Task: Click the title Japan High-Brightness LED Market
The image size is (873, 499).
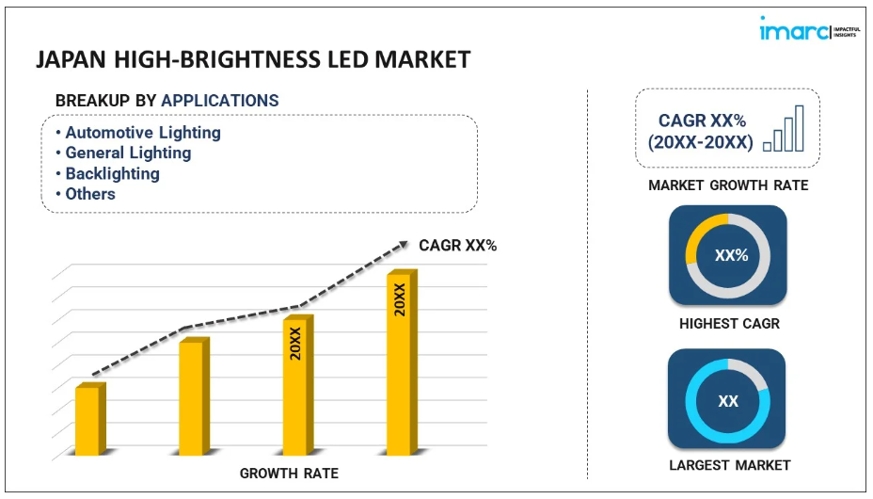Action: (x=253, y=60)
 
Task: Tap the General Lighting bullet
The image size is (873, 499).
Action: (x=128, y=153)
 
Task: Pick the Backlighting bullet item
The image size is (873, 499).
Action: (x=112, y=173)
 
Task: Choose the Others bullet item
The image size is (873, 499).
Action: (x=90, y=194)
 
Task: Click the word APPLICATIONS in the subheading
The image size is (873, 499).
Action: (x=220, y=101)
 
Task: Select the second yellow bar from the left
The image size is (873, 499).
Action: (x=192, y=397)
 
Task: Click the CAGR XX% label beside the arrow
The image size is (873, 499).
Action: (x=457, y=246)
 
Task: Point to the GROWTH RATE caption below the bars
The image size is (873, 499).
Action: (x=289, y=473)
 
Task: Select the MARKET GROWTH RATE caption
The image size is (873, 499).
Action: (x=727, y=185)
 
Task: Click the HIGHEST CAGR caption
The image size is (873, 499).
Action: (x=729, y=324)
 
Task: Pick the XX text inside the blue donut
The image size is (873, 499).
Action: (x=728, y=401)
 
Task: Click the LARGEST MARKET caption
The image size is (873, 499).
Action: (x=729, y=465)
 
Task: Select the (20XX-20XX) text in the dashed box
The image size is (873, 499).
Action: (x=700, y=142)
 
